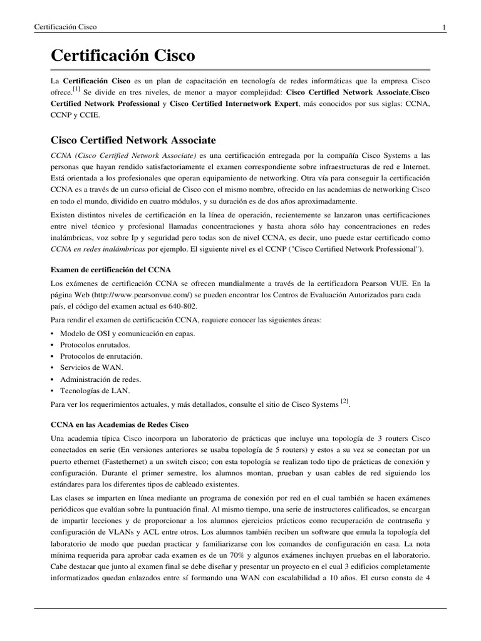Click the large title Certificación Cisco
click(x=123, y=56)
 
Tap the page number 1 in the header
click(x=443, y=28)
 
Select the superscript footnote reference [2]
click(x=344, y=400)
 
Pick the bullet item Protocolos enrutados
click(x=95, y=345)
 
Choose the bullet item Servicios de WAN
click(x=91, y=367)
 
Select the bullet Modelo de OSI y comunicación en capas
click(x=128, y=334)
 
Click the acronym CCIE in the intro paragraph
click(x=90, y=116)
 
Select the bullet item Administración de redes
click(x=100, y=379)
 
